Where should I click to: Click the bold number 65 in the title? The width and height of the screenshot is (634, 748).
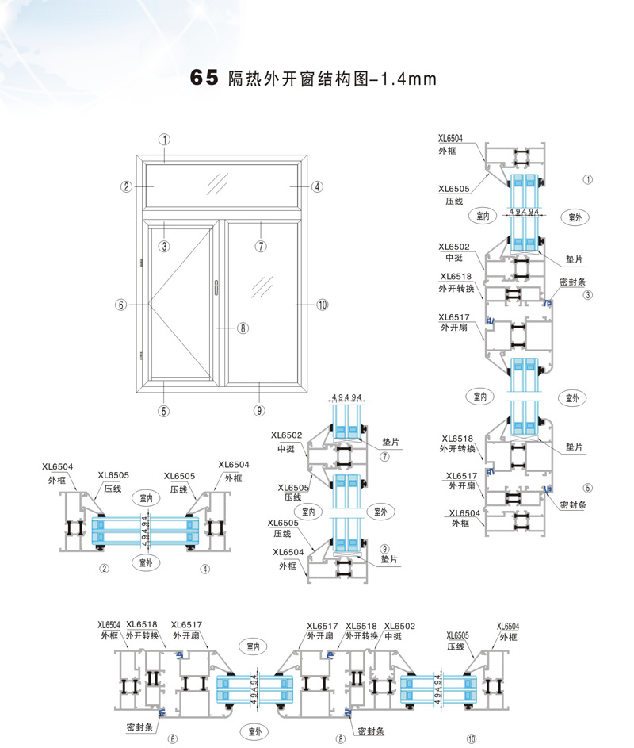203,79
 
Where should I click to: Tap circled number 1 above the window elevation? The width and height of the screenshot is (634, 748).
164,138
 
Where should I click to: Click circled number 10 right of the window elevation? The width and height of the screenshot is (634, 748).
322,305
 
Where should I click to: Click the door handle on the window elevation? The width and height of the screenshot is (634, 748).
215,288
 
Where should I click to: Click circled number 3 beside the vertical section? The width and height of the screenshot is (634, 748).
588,295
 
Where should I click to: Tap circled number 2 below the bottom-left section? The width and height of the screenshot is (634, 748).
103,568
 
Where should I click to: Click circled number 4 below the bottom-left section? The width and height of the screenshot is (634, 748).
204,568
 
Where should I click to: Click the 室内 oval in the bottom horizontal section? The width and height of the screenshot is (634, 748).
254,646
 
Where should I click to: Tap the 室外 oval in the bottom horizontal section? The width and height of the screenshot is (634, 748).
254,729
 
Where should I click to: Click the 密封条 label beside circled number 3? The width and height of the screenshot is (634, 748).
574,282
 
